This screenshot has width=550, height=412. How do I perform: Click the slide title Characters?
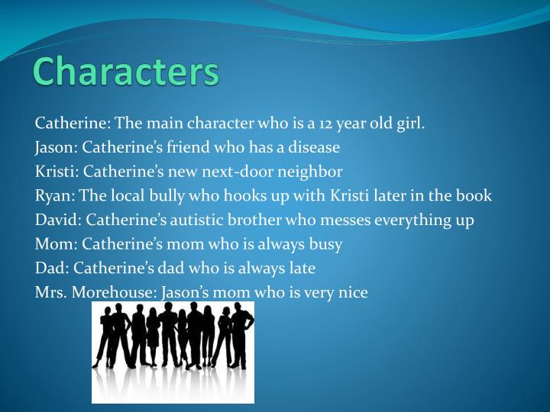pos(125,71)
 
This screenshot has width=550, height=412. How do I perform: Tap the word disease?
pos(314,147)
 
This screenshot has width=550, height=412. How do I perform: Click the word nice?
pos(352,293)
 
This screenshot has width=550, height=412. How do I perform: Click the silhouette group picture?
pos(173,352)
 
